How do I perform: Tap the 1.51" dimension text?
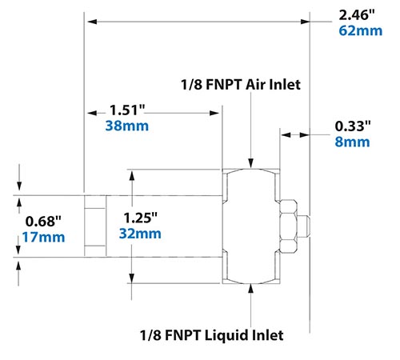pos(125,110)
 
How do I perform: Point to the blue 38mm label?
pos(125,126)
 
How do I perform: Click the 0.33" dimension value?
pos(354,126)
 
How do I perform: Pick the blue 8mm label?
pos(352,142)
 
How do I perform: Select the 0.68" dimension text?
pos(42,220)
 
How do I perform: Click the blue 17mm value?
pos(43,236)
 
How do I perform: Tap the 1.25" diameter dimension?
pos(142,217)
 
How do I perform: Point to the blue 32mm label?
pos(142,234)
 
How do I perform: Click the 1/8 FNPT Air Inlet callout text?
pos(240,83)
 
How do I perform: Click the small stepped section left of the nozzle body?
pos(95,226)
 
